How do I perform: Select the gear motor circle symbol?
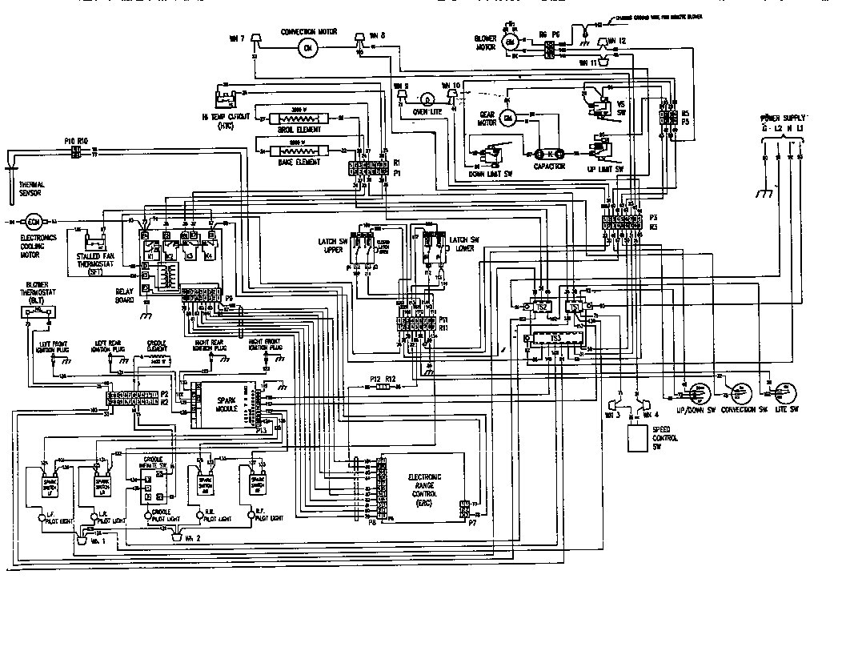pos(507,119)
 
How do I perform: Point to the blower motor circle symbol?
pos(508,47)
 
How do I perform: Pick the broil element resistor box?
pos(298,118)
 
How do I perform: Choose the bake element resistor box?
pos(298,151)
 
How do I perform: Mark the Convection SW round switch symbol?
pos(739,393)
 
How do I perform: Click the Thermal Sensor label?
pos(32,189)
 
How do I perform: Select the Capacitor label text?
pos(548,167)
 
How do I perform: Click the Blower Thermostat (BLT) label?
pos(37,289)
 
